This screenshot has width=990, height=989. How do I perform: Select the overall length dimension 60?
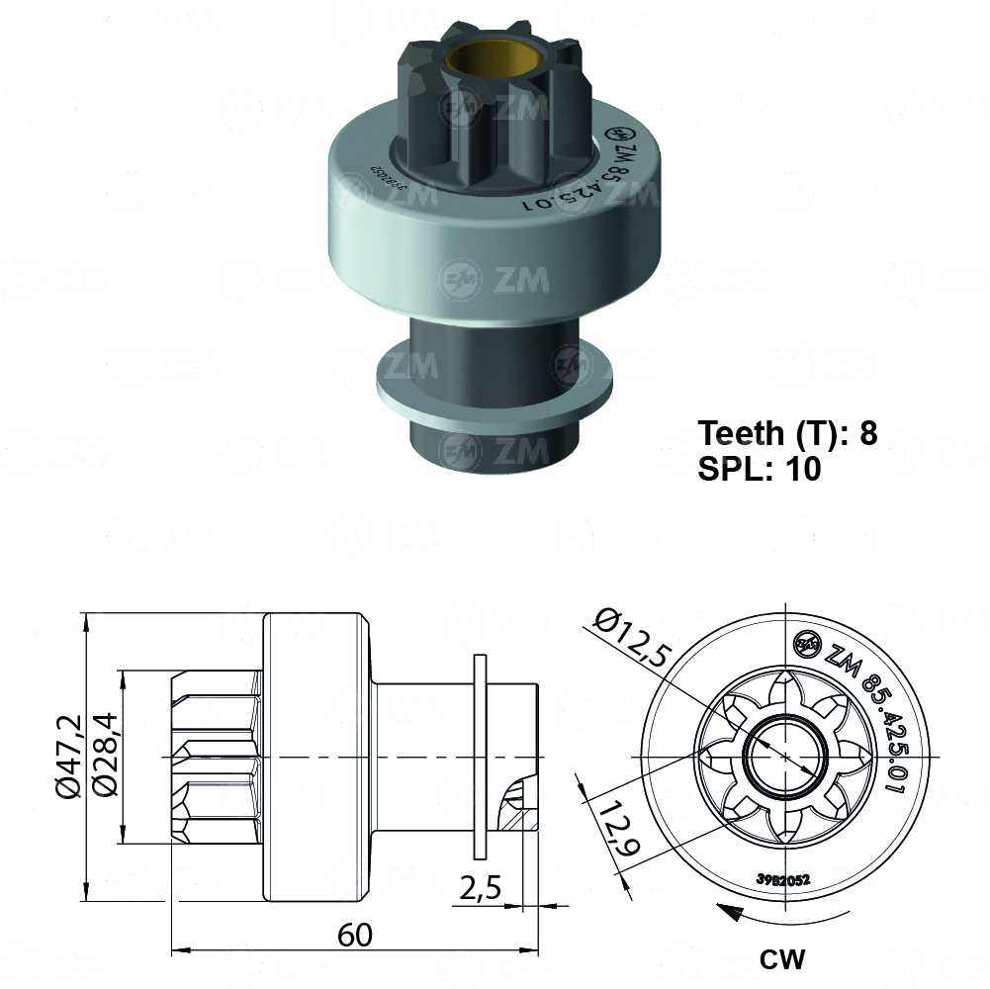(x=354, y=934)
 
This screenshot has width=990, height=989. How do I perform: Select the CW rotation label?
(x=782, y=958)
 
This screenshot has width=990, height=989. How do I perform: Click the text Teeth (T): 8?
(x=787, y=433)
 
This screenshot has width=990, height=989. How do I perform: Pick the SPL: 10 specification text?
(x=760, y=469)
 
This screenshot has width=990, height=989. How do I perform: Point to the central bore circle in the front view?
(x=783, y=756)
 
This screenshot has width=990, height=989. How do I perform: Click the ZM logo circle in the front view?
(x=808, y=644)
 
